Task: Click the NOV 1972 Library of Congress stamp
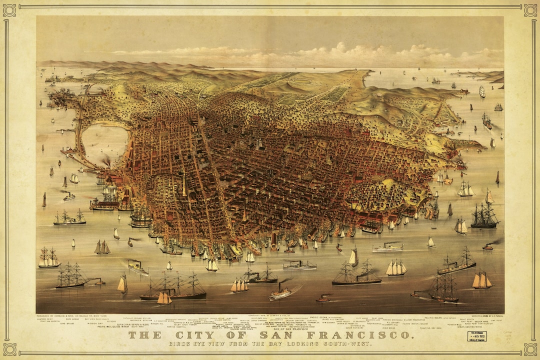coord(476,336)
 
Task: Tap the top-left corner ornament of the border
coord(9,9)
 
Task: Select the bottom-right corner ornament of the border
coord(530,349)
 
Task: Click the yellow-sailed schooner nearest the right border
coord(482,280)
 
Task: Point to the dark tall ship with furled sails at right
coord(483,216)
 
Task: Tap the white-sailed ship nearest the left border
coord(48,258)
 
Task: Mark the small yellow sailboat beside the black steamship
coord(164,298)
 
